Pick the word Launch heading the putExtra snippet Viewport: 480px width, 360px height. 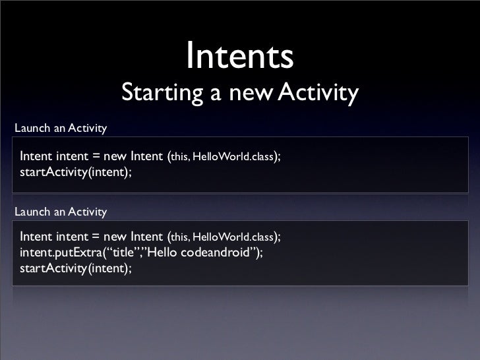point(31,212)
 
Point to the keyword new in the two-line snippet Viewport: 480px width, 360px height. point(115,157)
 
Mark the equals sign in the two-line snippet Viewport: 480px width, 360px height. point(96,157)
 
